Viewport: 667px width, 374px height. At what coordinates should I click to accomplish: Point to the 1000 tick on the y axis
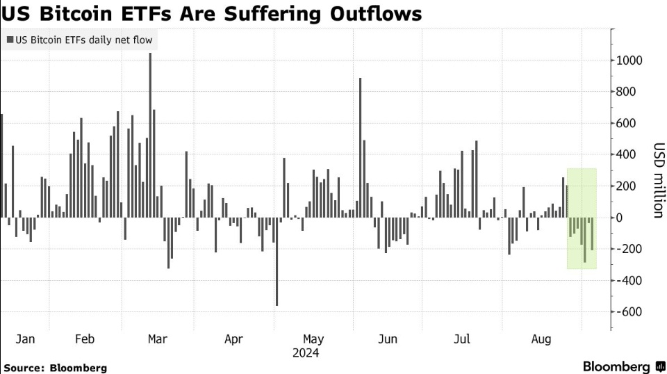[x=629, y=60]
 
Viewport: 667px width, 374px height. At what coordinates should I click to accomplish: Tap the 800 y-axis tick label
[x=626, y=92]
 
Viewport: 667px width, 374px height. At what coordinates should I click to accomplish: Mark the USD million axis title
[x=657, y=181]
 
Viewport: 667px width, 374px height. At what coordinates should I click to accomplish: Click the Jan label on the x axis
[x=25, y=339]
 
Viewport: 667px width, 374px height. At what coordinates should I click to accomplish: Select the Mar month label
[x=158, y=339]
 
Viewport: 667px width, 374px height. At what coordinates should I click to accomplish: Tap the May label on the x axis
[x=313, y=339]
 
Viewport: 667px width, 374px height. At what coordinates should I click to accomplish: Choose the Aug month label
[x=541, y=339]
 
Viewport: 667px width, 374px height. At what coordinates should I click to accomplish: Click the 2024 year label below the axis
[x=305, y=354]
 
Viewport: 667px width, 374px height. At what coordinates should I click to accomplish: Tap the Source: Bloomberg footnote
[x=56, y=368]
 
